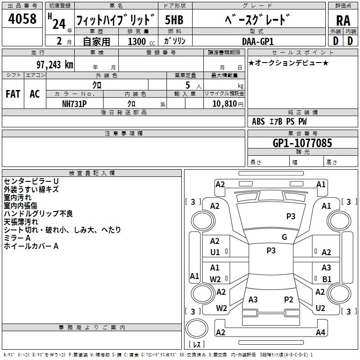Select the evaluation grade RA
pos(343,20)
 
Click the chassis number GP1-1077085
pos(302,143)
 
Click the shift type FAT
pos(13,94)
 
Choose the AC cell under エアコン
pos(35,94)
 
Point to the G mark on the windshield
pos(284,237)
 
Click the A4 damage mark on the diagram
pos(320,333)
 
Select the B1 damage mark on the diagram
pos(327,279)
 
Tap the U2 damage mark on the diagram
pos(320,308)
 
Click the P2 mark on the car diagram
pos(288,299)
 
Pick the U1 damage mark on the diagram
pos(215,252)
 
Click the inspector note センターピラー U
pos(31,181)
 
